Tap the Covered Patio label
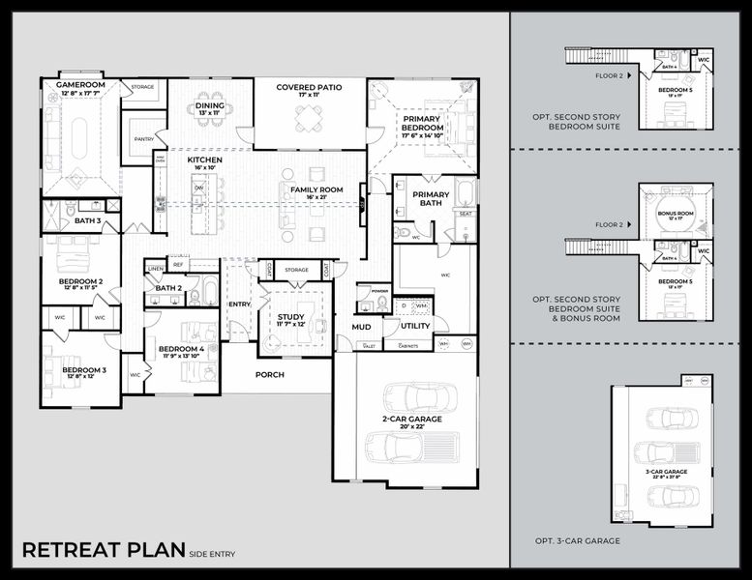point(310,87)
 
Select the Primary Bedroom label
point(423,123)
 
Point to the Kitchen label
point(204,159)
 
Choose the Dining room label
point(210,105)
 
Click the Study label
point(290,317)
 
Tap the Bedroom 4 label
point(181,349)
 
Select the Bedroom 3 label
point(84,370)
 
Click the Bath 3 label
point(87,221)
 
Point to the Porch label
point(269,374)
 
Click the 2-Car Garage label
point(411,419)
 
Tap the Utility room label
point(415,327)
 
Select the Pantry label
point(144,139)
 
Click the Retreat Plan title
point(103,551)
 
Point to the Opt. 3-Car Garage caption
point(578,541)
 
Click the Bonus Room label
point(675,213)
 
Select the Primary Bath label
point(431,198)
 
